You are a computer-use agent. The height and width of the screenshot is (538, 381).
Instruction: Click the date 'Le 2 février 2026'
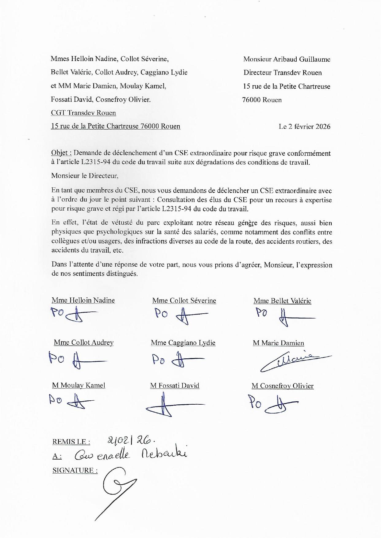coord(304,127)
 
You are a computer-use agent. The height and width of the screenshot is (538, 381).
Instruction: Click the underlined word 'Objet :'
coord(61,153)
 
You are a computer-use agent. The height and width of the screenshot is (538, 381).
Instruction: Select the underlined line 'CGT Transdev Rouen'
coord(83,113)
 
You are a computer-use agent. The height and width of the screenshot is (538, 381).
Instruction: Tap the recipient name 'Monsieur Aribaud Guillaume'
coord(287,59)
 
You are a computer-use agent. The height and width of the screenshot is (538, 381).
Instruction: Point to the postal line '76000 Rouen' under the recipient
coord(262,100)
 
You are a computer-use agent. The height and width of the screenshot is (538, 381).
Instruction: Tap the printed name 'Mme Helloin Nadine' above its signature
coord(83,300)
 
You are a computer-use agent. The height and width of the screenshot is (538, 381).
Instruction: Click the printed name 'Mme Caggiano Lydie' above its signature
coord(183,343)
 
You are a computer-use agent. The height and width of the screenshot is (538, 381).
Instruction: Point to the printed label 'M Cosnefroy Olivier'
coord(283,386)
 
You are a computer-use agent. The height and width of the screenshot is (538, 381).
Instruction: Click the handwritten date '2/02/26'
coord(130,441)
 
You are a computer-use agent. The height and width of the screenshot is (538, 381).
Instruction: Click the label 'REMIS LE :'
coord(71,442)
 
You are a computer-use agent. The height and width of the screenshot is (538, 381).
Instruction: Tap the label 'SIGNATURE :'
coord(75,470)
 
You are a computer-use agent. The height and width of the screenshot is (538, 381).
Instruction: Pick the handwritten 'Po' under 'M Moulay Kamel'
coord(56,400)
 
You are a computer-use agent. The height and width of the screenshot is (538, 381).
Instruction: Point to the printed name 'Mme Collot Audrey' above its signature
coord(84,342)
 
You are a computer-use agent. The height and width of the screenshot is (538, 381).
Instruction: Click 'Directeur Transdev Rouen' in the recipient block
coord(283,73)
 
